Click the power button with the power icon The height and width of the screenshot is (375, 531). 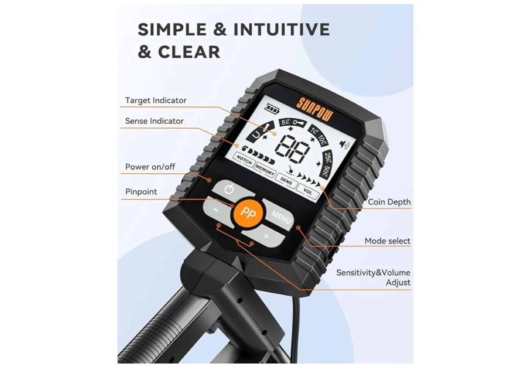tap(229, 190)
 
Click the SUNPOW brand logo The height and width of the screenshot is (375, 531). tap(315, 109)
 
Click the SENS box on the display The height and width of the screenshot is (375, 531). tap(286, 181)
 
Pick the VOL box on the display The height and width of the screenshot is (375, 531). tap(308, 192)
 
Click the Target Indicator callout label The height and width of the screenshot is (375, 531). tap(156, 101)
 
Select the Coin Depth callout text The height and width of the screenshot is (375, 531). tap(389, 202)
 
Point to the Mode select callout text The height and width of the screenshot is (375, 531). tap(387, 241)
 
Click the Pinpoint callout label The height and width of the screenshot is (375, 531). tap(141, 192)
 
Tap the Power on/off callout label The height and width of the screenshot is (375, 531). tap(150, 167)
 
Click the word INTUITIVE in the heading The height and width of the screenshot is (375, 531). tap(281, 29)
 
